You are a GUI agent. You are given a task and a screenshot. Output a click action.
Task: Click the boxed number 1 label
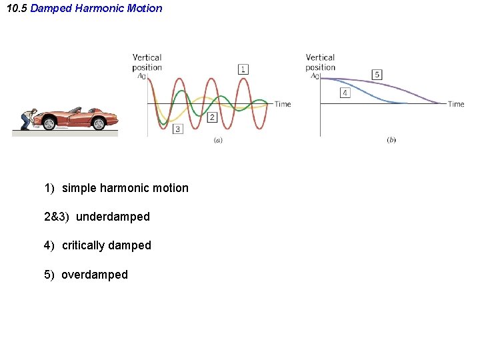coord(243,69)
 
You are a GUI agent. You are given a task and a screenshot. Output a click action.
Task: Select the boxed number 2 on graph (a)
coord(212,117)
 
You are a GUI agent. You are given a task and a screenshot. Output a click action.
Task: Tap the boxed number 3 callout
coord(177,129)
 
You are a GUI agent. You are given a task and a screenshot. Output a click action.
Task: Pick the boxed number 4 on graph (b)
coord(345,93)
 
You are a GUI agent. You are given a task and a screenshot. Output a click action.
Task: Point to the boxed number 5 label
coord(377,75)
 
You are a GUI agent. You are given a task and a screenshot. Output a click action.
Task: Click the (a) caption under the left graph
coord(217,140)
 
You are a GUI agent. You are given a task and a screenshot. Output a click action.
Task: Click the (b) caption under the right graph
coord(391,140)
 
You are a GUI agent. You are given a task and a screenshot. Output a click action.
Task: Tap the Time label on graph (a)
coord(283,104)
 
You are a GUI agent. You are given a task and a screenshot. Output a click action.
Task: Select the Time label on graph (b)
coord(456,104)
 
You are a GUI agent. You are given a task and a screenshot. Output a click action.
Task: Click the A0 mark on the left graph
coord(141,76)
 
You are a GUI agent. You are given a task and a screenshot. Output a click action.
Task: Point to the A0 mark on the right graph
coord(315,76)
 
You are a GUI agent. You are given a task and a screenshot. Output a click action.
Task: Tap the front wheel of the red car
coord(99,123)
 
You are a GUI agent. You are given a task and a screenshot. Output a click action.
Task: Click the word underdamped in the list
coord(113,217)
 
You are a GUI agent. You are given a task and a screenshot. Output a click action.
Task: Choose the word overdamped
coord(94,275)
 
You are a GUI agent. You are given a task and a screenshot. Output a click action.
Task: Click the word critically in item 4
coord(83,245)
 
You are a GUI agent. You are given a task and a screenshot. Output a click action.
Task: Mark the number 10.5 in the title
coord(17,9)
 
